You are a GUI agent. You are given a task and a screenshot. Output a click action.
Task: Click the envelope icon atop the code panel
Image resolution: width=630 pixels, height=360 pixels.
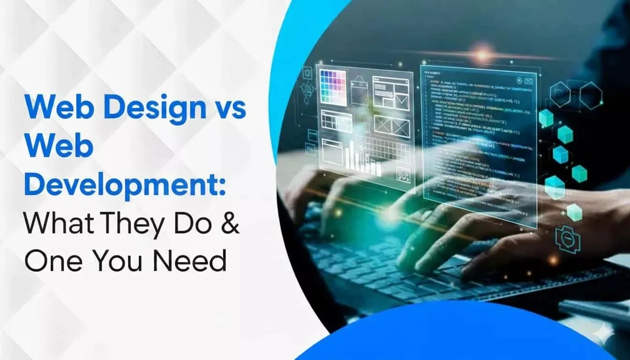528,81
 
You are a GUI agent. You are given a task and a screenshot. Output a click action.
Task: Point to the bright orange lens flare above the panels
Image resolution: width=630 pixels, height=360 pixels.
482,55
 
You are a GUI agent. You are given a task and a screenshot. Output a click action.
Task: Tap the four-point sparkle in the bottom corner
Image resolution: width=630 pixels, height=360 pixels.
603,334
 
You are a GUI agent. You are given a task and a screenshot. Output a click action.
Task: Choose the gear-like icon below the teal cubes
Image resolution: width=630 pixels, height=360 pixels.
568,239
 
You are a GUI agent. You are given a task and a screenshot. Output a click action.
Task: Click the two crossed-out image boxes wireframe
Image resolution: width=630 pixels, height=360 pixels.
392,126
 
